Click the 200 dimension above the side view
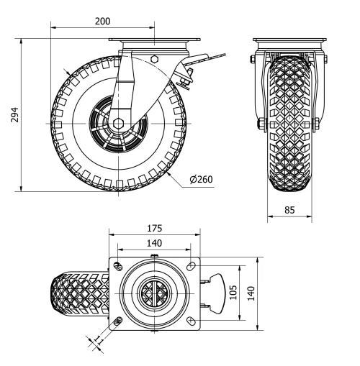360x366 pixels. [102, 21]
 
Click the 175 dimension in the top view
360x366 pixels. [153, 228]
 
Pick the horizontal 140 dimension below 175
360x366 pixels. [153, 244]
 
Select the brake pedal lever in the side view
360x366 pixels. [209, 60]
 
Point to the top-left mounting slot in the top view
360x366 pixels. [117, 267]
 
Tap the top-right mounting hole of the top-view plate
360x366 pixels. [190, 267]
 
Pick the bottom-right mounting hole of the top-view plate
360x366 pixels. [190, 321]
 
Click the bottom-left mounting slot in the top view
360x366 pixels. [117, 321]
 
